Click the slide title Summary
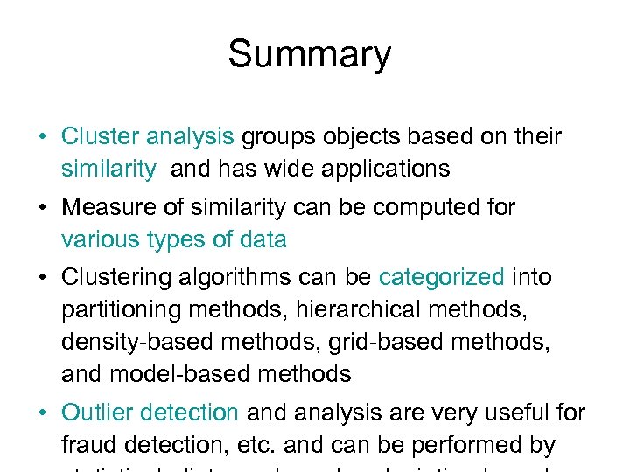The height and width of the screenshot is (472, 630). pyautogui.click(x=309, y=55)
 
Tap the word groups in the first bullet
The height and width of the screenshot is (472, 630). pyautogui.click(x=276, y=137)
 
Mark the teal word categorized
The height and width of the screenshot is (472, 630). pyautogui.click(x=441, y=278)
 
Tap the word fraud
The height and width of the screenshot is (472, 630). pyautogui.click(x=87, y=445)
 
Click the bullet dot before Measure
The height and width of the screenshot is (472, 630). pyautogui.click(x=43, y=209)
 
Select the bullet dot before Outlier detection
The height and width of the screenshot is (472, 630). pyautogui.click(x=43, y=413)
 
